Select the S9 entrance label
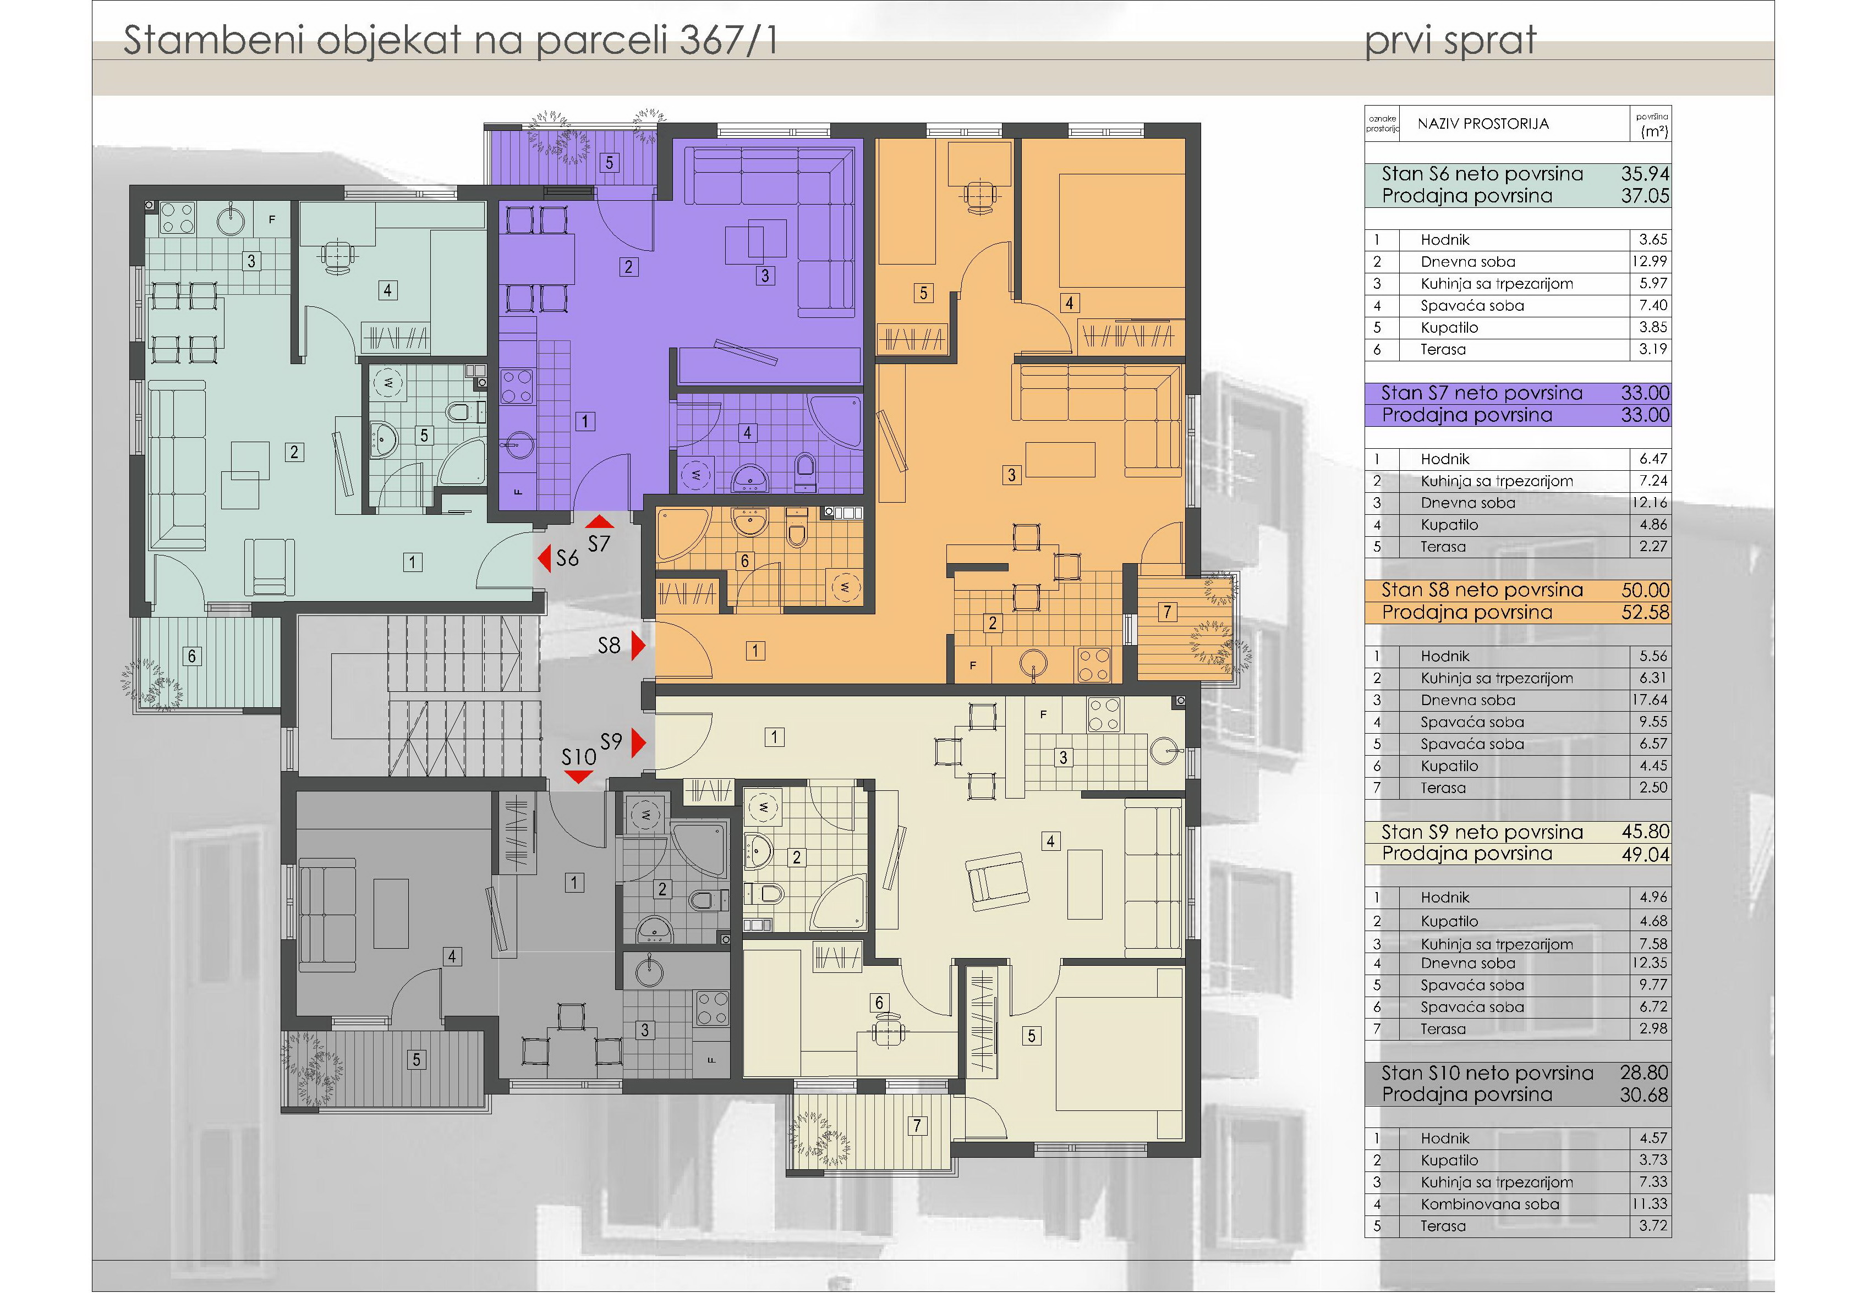pos(611,741)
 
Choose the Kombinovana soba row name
pos(1489,1204)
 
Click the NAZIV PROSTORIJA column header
pos(1483,124)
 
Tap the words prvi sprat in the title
pos(1450,41)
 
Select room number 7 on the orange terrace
pos(1167,612)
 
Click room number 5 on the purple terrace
pos(610,162)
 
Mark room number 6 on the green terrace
pos(192,656)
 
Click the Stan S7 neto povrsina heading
pos(1481,393)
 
